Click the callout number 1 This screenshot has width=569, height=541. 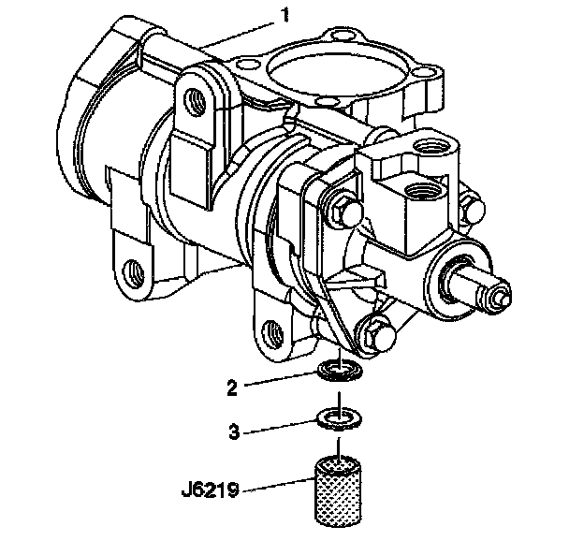coord(286,15)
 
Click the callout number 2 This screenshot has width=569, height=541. coord(232,387)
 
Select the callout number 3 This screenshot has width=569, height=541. coord(234,431)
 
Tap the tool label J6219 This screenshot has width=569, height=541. coord(211,490)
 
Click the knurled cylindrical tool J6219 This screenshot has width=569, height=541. coord(338,491)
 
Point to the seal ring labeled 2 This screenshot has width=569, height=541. coord(340,372)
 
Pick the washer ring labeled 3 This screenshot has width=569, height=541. coord(340,418)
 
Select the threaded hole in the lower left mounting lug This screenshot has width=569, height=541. coord(133,273)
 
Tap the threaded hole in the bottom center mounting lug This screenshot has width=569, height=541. coord(272,332)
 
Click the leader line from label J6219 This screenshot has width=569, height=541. coord(279,485)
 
